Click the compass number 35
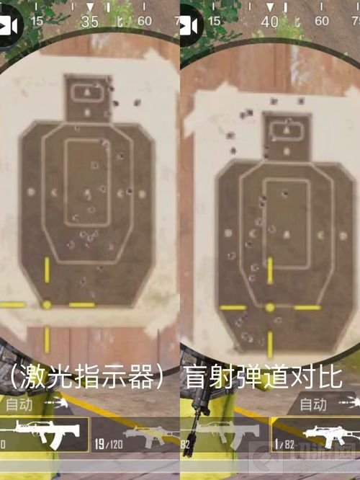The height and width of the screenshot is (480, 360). (x=90, y=22)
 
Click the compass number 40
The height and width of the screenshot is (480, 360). (x=270, y=22)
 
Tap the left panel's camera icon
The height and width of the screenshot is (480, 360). (x=9, y=26)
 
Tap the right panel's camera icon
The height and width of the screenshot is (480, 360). (x=189, y=26)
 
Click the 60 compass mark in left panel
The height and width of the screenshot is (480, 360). (x=145, y=21)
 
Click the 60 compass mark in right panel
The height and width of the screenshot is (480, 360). (x=325, y=21)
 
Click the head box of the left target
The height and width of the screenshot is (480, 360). (x=87, y=97)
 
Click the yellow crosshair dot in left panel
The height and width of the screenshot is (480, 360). (x=47, y=305)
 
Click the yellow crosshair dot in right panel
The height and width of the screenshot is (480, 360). (x=270, y=308)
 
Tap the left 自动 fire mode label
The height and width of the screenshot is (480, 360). (x=19, y=405)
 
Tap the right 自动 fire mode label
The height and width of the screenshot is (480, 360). (x=313, y=404)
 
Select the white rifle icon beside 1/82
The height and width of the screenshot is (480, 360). (x=332, y=435)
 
